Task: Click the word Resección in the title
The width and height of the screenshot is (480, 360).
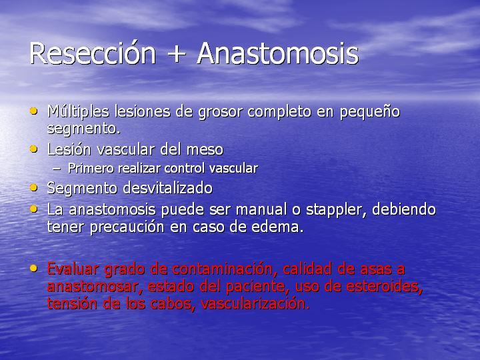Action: tap(93, 53)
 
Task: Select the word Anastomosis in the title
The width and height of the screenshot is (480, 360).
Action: tap(278, 53)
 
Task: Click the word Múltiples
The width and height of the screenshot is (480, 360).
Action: tap(79, 111)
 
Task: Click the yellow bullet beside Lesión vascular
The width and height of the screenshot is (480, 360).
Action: tap(34, 149)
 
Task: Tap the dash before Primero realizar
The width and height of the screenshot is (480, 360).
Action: tap(57, 169)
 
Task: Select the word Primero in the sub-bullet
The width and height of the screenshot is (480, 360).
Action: tap(91, 168)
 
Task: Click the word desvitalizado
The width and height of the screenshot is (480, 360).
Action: tap(168, 187)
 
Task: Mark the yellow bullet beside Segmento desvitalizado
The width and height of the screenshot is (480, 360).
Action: tap(34, 187)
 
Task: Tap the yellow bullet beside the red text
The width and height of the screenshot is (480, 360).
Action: tap(34, 269)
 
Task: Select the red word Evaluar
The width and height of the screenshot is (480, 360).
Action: tap(73, 269)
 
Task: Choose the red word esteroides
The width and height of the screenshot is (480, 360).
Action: tap(384, 287)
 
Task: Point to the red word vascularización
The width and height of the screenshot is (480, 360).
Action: tap(255, 304)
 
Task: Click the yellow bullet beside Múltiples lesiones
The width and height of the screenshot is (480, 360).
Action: tap(34, 111)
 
